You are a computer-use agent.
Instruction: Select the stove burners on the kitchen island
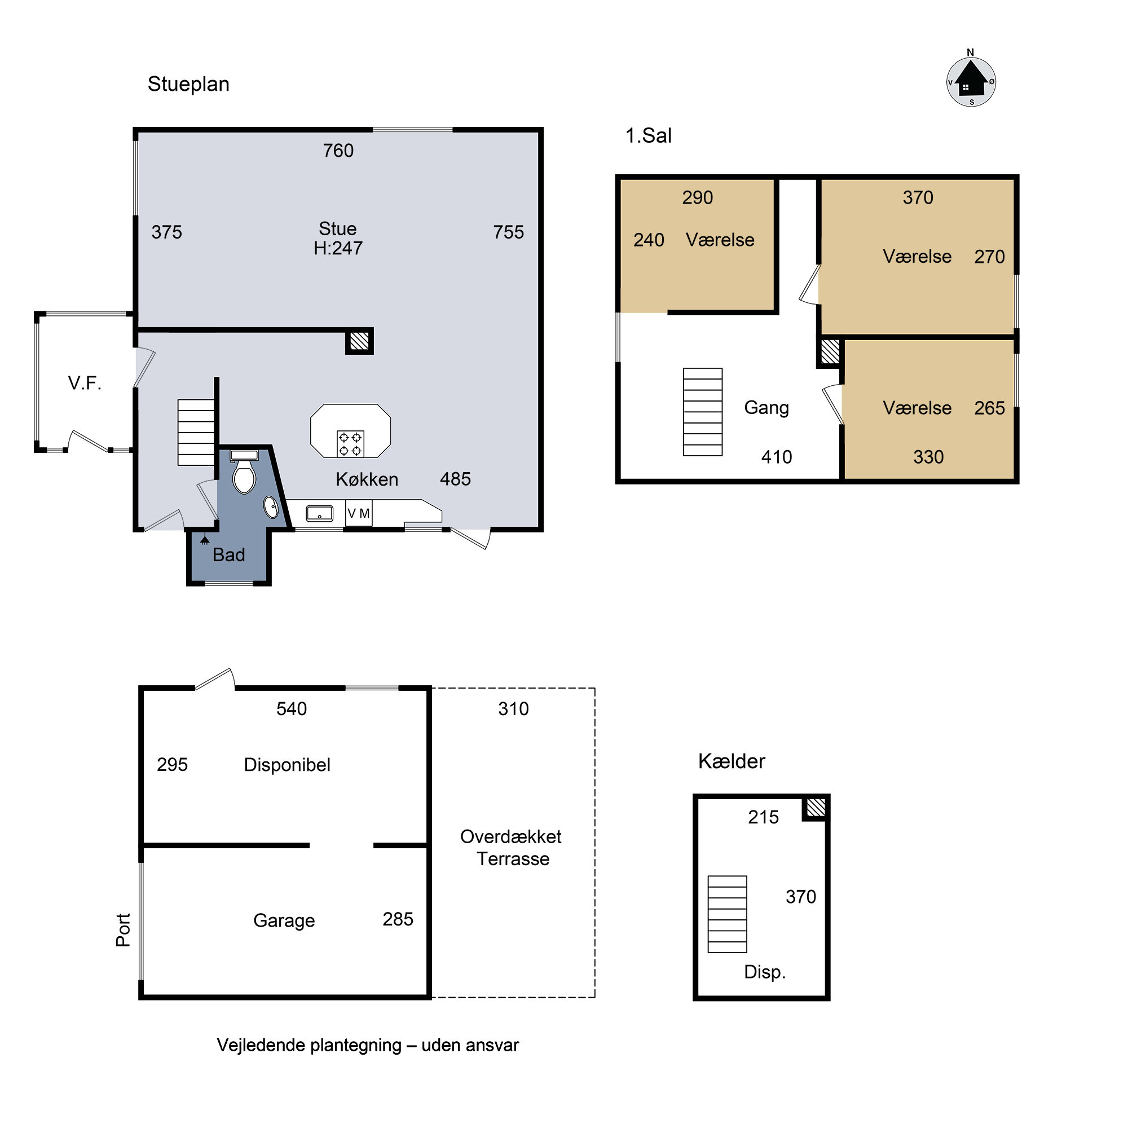click(x=350, y=444)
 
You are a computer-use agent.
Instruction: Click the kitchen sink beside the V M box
click(x=319, y=514)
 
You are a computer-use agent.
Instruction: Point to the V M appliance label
click(x=359, y=514)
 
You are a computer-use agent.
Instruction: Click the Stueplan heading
click(x=188, y=84)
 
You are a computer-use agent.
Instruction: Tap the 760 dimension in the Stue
click(x=338, y=151)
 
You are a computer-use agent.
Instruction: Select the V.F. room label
click(x=85, y=383)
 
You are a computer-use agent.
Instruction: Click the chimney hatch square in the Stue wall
click(x=360, y=341)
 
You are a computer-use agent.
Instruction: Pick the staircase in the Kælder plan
click(x=728, y=914)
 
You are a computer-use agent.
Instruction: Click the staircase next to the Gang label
click(x=703, y=412)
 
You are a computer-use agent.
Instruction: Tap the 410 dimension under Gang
click(x=777, y=457)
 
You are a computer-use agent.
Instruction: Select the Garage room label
click(x=284, y=921)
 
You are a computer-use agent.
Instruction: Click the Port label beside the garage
click(x=123, y=929)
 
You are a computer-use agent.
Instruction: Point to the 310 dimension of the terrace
click(x=513, y=709)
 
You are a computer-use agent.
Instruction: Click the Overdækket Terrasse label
click(x=512, y=847)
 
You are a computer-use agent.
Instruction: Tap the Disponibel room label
click(x=287, y=765)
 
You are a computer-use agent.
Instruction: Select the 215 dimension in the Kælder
click(x=763, y=817)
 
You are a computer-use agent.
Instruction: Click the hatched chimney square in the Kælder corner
click(x=816, y=808)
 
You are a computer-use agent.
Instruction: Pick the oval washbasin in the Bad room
click(x=271, y=508)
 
